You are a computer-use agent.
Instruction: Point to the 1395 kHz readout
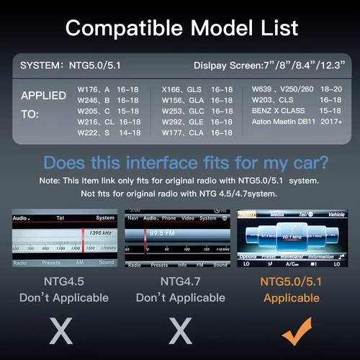99,233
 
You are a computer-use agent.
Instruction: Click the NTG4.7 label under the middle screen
181,280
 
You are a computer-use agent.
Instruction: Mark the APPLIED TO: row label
43,104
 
